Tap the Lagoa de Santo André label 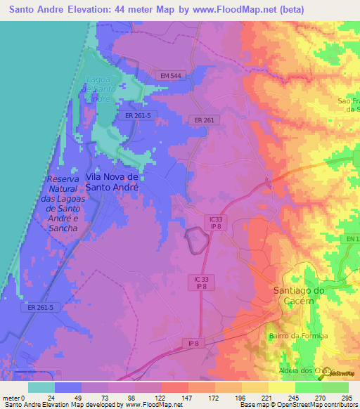[101, 89]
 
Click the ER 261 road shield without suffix [203, 120]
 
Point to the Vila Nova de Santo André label [112, 182]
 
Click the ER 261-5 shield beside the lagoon [138, 115]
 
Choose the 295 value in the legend [341, 398]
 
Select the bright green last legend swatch [335, 387]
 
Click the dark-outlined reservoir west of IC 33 [195, 241]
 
